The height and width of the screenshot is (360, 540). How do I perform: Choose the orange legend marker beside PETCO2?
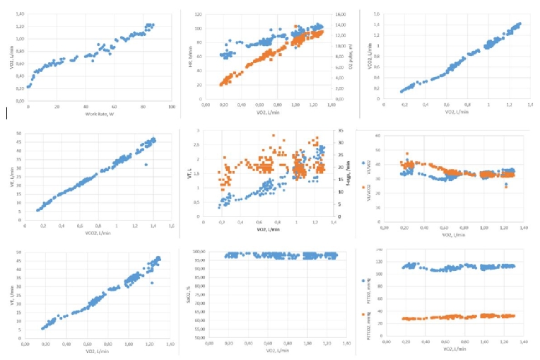[362, 314]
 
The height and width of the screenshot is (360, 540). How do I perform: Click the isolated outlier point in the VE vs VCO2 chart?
[146, 164]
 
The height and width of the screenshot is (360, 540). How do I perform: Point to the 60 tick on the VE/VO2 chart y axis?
[380, 135]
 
